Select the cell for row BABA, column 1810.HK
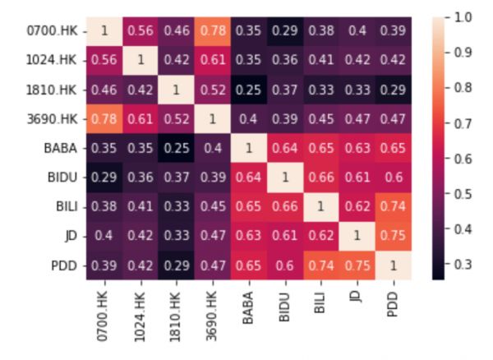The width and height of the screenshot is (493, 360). click(176, 149)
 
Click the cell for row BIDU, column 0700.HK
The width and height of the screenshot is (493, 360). click(104, 178)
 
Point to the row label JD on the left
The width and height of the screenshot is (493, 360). click(71, 236)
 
